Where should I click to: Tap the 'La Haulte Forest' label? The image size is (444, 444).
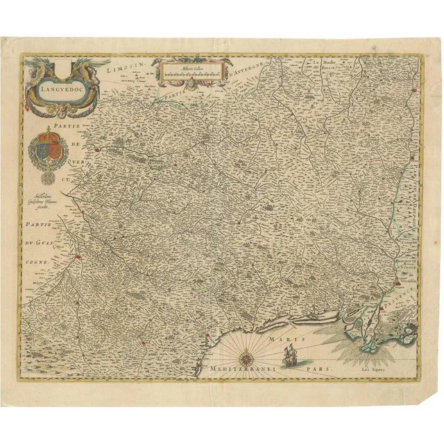325,65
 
